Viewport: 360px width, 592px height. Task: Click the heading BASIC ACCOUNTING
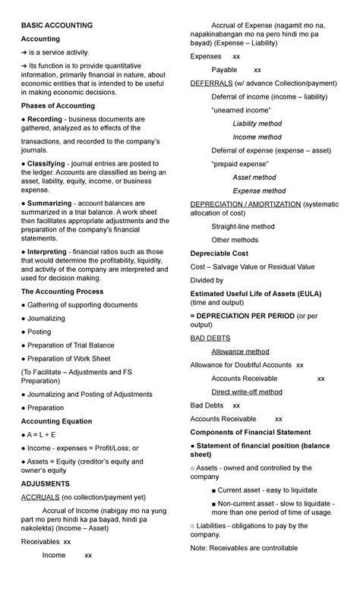[x=57, y=25]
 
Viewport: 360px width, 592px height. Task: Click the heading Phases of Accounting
[x=58, y=105]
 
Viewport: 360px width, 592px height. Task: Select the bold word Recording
[x=46, y=119]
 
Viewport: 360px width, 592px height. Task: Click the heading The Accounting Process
[x=62, y=291]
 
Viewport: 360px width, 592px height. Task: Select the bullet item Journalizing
[x=46, y=319]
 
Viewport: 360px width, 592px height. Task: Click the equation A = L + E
[x=45, y=435]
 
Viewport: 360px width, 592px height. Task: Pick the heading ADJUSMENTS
[x=46, y=483]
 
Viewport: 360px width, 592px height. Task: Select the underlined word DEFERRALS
[x=212, y=83]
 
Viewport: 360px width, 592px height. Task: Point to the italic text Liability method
[x=257, y=124]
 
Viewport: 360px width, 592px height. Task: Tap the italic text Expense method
[x=259, y=191]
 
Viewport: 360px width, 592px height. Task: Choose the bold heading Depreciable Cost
[x=220, y=253]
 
